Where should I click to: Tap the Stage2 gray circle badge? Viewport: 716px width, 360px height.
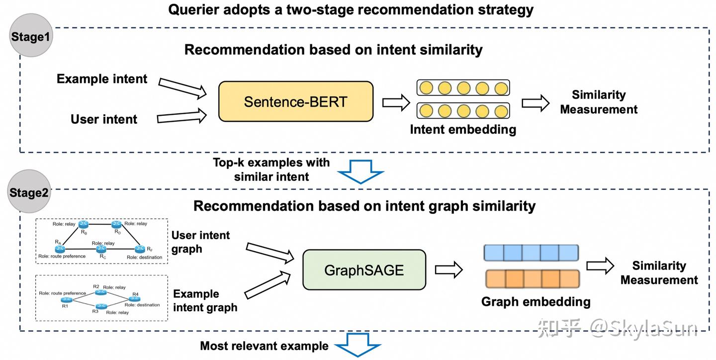point(29,192)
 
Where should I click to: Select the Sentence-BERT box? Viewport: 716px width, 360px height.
point(295,102)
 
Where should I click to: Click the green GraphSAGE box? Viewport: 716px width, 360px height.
point(364,270)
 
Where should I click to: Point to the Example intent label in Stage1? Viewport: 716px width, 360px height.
point(102,79)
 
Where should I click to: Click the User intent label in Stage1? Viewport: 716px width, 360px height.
point(104,119)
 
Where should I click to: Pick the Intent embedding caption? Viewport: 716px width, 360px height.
point(463,130)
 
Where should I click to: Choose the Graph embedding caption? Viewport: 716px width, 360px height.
point(536,301)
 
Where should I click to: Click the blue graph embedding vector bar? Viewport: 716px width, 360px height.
point(532,253)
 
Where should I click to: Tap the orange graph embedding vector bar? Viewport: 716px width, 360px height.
point(532,279)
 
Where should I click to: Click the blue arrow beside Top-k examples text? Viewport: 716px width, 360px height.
point(360,172)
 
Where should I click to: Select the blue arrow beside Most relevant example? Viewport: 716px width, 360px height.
point(358,346)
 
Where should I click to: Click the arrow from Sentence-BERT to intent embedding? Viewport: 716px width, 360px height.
point(396,102)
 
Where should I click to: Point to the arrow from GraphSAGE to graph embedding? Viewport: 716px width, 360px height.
point(448,270)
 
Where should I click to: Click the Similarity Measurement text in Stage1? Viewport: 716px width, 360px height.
point(599,102)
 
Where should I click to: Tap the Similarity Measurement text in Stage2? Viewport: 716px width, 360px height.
point(659,273)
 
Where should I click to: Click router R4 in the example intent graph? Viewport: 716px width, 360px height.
point(134,298)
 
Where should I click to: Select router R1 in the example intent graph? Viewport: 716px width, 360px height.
point(67,299)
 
